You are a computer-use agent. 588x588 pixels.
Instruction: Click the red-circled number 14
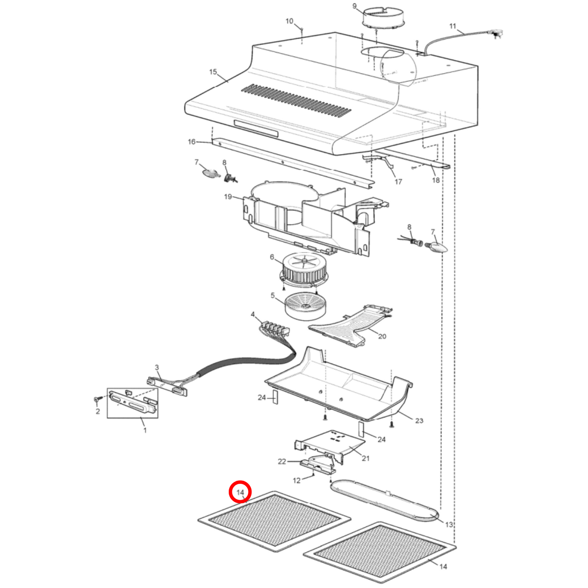tap(240, 492)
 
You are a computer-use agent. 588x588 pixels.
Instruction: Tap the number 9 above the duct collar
tap(354, 6)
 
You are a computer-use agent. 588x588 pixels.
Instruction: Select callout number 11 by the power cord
tap(453, 26)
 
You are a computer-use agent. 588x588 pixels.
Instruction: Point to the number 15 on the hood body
tap(213, 72)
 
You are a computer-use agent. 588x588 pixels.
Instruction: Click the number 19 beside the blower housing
tap(228, 197)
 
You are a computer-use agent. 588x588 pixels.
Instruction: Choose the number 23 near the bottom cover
tap(419, 420)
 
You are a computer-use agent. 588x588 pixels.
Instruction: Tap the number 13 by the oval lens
tap(449, 525)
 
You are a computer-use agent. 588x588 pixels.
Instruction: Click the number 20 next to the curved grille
tap(382, 336)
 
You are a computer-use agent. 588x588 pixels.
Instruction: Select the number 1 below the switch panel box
tap(144, 430)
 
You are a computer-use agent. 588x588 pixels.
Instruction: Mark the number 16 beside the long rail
tap(192, 142)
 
